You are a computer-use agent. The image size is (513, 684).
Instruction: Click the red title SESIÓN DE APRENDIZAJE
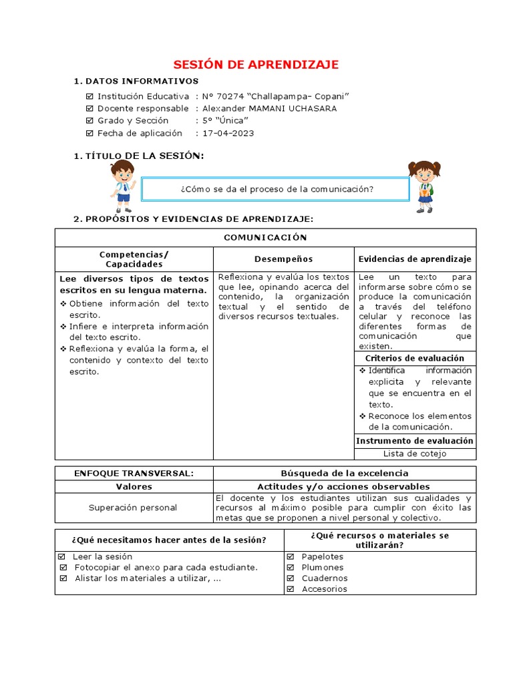(x=256, y=65)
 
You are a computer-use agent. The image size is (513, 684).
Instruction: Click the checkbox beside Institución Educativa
(x=90, y=96)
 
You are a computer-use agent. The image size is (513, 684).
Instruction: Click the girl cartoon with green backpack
(x=424, y=186)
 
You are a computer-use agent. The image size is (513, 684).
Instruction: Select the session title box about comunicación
(x=276, y=189)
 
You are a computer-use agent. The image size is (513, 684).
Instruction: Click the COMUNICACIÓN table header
(x=265, y=237)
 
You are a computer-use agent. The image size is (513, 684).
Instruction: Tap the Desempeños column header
(x=283, y=259)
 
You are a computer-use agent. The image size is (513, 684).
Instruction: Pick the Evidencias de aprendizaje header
(x=415, y=259)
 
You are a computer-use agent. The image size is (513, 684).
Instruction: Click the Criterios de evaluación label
(x=415, y=358)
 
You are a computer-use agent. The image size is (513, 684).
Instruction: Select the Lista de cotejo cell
(x=415, y=454)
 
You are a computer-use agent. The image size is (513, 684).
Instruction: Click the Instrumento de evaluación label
(x=415, y=440)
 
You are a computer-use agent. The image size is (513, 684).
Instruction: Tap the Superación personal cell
(x=134, y=508)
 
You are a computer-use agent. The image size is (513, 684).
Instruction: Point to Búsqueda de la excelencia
(x=344, y=473)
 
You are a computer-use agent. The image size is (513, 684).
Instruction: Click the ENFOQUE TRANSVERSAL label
(x=134, y=473)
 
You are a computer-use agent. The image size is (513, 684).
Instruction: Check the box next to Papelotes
(x=291, y=556)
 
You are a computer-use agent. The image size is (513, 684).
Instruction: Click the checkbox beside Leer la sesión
(x=61, y=556)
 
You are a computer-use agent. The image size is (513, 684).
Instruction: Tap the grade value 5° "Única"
(x=225, y=120)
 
